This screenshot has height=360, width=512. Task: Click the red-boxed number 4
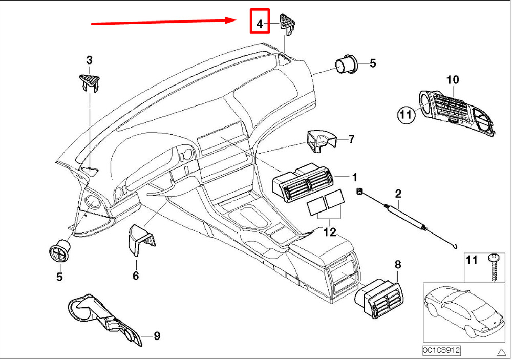click(x=260, y=23)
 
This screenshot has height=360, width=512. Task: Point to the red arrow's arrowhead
click(x=230, y=20)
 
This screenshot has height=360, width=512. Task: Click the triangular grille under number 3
click(x=90, y=81)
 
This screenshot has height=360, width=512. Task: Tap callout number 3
click(x=89, y=60)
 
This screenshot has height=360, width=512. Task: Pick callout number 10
click(x=453, y=80)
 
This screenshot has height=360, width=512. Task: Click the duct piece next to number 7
click(x=320, y=141)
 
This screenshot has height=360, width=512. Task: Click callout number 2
click(x=398, y=194)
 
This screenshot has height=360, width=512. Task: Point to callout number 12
click(x=329, y=232)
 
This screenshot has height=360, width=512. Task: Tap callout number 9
click(x=157, y=336)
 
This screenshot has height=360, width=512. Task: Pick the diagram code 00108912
click(x=441, y=350)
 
